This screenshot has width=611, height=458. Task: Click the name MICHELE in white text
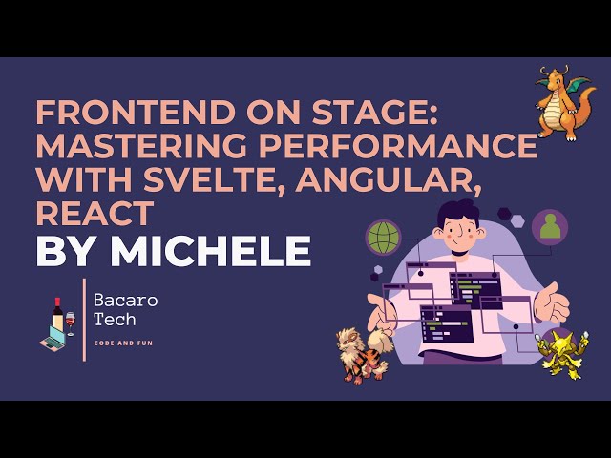coord(211,250)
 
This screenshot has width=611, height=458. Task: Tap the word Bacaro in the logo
coord(125,301)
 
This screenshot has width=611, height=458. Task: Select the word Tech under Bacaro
coord(114,321)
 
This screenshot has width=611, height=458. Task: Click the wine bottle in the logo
coord(57,316)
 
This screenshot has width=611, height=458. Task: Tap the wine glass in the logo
coord(70,322)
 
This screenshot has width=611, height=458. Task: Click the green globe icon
coord(384,236)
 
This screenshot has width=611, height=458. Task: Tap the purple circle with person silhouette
coord(550,227)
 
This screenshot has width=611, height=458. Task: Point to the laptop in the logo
coord(52,338)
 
